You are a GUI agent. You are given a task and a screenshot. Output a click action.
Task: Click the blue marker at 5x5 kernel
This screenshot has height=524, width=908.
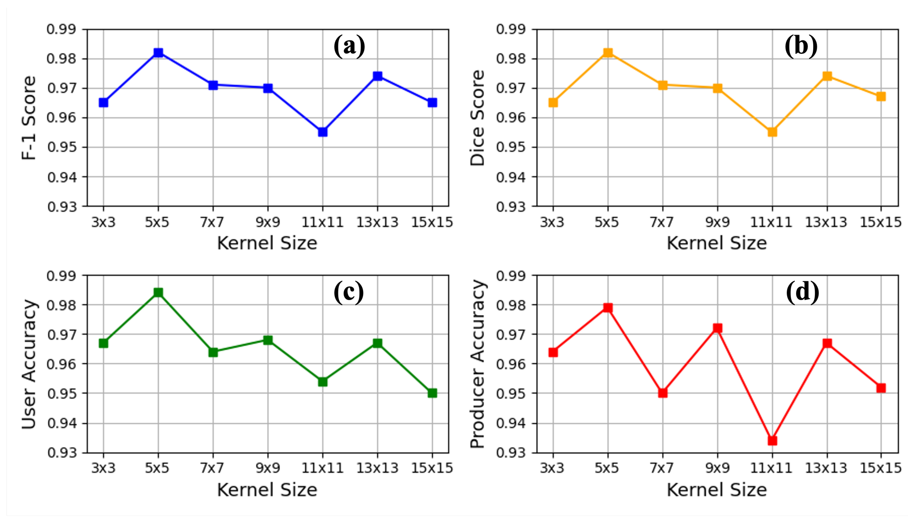[x=158, y=53]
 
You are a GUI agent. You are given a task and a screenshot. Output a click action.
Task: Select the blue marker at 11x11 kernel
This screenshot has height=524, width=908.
[x=322, y=132]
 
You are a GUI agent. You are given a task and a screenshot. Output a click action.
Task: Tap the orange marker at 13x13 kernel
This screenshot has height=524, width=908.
[x=827, y=76]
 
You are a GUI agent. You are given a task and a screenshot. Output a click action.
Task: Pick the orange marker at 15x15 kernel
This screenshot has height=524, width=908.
[x=881, y=96]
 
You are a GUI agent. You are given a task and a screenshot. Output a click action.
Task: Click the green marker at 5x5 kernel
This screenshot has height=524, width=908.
[x=158, y=292]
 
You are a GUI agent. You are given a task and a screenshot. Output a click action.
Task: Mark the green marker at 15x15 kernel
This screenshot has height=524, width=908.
[x=432, y=393]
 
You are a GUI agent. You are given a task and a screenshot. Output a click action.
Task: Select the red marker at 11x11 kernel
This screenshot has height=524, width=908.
[x=772, y=440]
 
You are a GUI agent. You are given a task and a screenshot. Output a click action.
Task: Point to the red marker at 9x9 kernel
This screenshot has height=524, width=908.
[x=717, y=328]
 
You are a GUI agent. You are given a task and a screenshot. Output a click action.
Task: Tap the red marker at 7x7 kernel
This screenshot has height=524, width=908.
[x=663, y=393]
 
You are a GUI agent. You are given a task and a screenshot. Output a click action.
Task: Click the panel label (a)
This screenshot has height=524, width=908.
[x=349, y=46]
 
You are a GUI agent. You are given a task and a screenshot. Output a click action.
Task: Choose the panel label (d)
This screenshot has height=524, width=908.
[x=802, y=292]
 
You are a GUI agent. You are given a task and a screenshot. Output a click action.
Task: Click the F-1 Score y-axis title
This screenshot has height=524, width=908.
[x=29, y=118]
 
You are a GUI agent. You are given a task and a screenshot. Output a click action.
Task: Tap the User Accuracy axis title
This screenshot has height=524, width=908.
[x=29, y=364]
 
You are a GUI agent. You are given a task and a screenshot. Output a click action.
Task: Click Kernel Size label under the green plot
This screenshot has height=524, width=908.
[x=267, y=490]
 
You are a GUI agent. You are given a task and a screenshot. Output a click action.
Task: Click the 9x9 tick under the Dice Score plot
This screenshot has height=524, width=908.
[x=717, y=222]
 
